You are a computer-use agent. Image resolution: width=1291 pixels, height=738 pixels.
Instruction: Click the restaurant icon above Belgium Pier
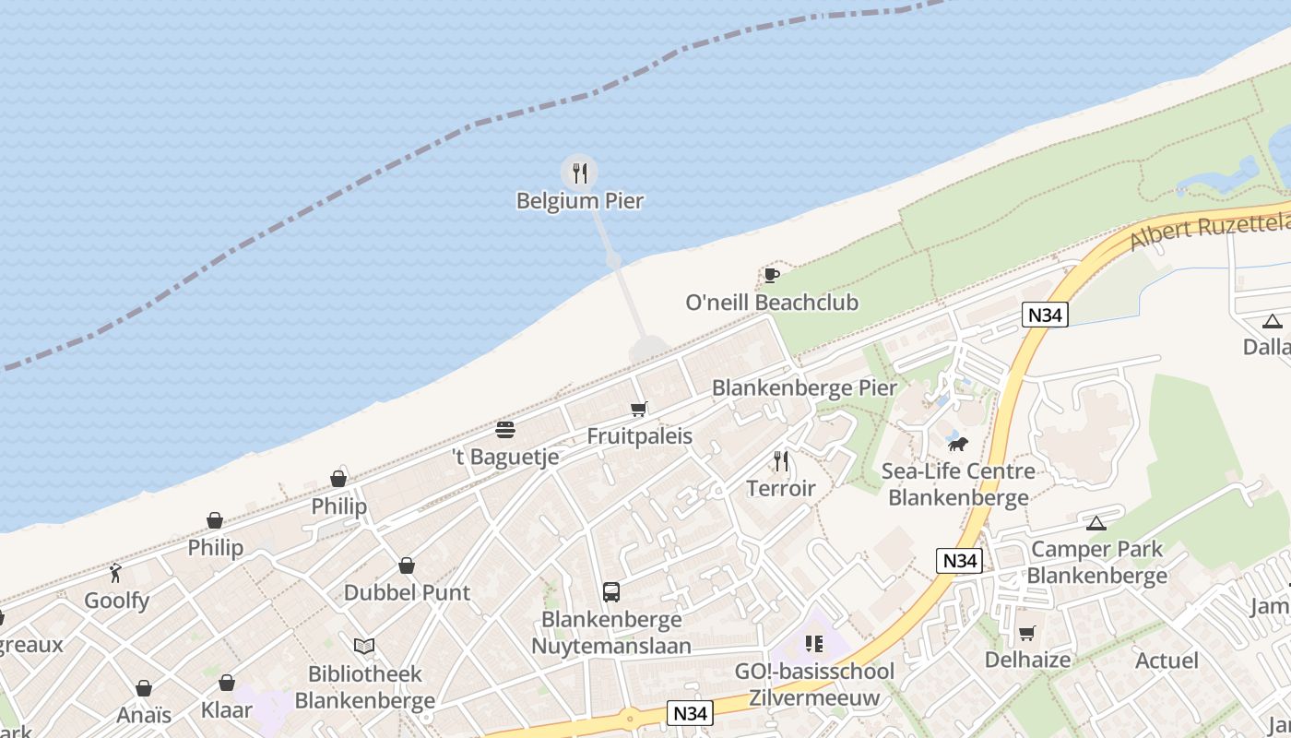pos(579,173)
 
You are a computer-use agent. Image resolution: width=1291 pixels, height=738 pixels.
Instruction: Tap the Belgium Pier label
pos(579,200)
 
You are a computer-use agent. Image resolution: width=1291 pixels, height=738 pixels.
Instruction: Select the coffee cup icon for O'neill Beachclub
pos(771,275)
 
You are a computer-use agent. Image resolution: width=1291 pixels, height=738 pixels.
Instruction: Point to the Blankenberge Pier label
pos(803,387)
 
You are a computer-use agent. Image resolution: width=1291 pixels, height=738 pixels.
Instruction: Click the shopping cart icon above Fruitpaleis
pos(639,409)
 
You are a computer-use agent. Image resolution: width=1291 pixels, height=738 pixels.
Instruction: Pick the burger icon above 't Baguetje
pos(504,429)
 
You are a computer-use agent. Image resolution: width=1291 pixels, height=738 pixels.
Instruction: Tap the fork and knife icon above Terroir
pos(781,460)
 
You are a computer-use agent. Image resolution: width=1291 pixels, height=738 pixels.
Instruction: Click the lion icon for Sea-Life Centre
pos(958,445)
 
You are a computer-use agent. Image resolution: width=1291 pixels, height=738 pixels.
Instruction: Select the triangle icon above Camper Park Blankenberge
pos(1096,523)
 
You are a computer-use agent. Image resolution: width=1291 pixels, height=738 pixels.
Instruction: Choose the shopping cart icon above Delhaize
pos(1026,633)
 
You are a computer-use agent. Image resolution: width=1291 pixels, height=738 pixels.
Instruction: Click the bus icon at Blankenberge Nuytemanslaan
pos(610,591)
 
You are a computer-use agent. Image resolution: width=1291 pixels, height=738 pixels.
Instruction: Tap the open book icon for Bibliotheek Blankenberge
pos(364,646)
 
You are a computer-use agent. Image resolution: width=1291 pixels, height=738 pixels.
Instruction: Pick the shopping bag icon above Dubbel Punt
pos(407,565)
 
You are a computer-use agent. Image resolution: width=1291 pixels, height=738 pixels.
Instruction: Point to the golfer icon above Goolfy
pos(115,574)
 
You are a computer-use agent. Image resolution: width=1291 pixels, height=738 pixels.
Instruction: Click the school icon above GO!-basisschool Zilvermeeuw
pos(813,643)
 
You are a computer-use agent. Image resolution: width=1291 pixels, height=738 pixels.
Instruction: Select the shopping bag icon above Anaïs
pos(144,688)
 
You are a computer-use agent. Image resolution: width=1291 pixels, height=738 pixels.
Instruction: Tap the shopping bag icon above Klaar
pos(226,683)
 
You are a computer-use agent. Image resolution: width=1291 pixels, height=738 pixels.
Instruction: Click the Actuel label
pos(1167,661)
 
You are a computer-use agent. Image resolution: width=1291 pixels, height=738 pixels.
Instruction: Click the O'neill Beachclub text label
pos(772,303)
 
